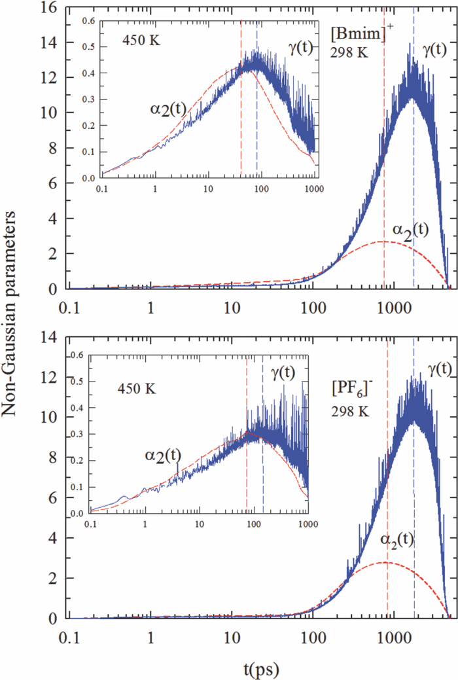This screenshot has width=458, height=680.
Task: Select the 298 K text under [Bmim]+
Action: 349,53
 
